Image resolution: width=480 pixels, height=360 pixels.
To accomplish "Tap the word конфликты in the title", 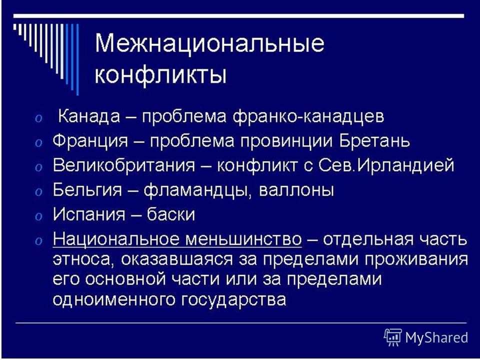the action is coord(160,74).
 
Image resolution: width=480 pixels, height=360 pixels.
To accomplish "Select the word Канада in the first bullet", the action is coord(89,116).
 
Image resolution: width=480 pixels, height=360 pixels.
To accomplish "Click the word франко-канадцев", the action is coord(308,117).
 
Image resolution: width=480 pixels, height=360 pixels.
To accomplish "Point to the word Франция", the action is coord(90,141).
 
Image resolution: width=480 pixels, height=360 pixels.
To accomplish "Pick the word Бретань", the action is coord(374,141).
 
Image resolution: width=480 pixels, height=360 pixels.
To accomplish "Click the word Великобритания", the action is coord(123,165).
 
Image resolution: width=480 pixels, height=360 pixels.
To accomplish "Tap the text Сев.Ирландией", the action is coord(386,165).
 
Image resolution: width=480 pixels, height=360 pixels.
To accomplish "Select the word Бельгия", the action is coord(87,190).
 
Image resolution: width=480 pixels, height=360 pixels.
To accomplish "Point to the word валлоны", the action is coord(296,190).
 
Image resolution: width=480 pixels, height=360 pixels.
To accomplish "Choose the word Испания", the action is coord(89,214).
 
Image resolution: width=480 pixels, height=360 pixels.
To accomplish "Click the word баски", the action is coord(171,214).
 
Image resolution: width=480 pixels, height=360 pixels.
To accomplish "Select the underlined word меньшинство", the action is coord(243,239).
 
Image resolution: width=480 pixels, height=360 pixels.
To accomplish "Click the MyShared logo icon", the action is coord(393,337).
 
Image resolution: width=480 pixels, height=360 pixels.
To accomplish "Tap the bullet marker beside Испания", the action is coord(38,216).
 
